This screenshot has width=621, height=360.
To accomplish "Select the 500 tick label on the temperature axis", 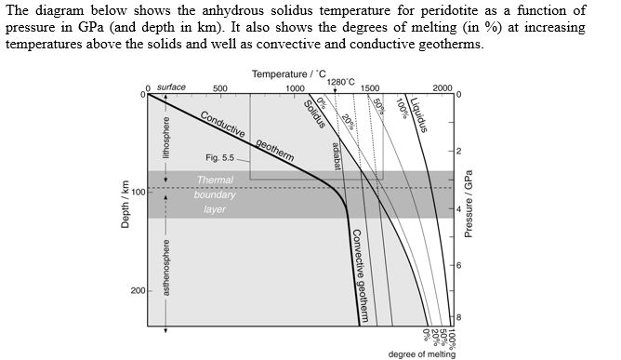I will point(219,88).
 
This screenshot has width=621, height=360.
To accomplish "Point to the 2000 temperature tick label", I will point(443,88).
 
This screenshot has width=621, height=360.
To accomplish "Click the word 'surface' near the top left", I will point(171,87).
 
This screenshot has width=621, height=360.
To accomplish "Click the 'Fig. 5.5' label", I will point(220,158).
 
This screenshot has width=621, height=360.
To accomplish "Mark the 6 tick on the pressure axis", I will point(458,266).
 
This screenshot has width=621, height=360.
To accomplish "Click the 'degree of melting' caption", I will point(422,353).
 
